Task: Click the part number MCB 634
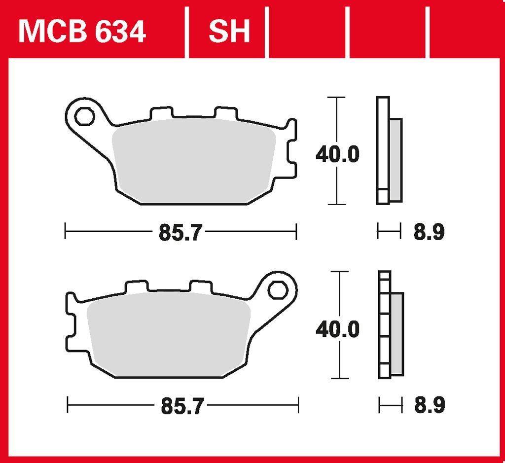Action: point(82,31)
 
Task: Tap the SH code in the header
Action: point(229,31)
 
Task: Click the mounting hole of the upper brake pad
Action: point(84,116)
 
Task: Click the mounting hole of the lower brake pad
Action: point(278,290)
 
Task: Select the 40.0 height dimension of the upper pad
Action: point(337,154)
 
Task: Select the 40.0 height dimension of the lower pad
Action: point(337,329)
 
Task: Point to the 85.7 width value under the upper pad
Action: point(180,232)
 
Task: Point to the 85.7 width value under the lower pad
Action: point(182,406)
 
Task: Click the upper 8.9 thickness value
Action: point(429,232)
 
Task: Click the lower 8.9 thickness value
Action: point(430,405)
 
